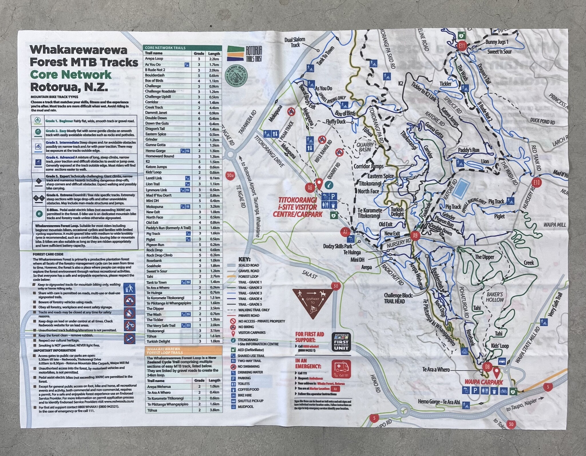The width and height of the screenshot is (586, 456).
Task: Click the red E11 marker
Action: click(462, 46)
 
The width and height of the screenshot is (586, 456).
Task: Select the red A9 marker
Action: click(415, 235)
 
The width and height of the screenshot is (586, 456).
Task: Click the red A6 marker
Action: click(310, 188)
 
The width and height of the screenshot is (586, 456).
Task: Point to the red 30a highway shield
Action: click(230, 175)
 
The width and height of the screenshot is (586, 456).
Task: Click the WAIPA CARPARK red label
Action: click(483, 382)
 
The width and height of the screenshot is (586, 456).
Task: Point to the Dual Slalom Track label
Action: click(295, 42)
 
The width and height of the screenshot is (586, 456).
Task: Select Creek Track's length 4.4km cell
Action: click(214, 108)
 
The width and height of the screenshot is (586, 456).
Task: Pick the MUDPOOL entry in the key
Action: click(245, 407)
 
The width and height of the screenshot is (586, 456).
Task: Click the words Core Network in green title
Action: click(70, 75)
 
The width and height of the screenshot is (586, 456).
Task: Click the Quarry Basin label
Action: click(365, 147)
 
